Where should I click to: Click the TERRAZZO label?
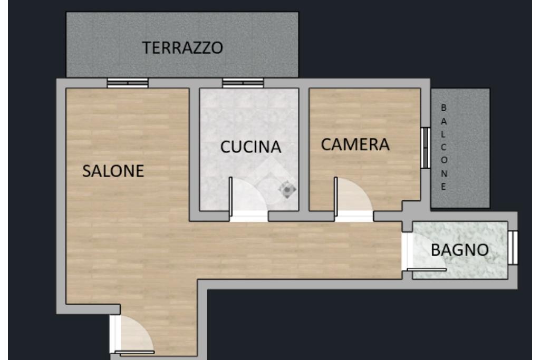pyautogui.click(x=182, y=47)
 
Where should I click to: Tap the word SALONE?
pyautogui.click(x=113, y=171)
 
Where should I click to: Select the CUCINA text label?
pyautogui.click(x=250, y=147)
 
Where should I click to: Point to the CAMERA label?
pyautogui.click(x=355, y=144)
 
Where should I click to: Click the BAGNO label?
pyautogui.click(x=460, y=250)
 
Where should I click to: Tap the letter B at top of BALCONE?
pyautogui.click(x=443, y=108)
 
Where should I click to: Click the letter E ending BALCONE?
pyautogui.click(x=443, y=187)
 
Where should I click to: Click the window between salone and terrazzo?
pyautogui.click(x=128, y=83)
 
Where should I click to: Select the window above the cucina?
pyautogui.click(x=243, y=83)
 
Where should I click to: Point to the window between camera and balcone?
pyautogui.click(x=426, y=148)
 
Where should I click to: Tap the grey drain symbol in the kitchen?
pyautogui.click(x=287, y=190)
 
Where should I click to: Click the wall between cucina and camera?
pyautogui.click(x=304, y=150)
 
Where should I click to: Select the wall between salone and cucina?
pyautogui.click(x=194, y=154)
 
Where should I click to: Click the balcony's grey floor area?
pyautogui.click(x=460, y=148)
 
